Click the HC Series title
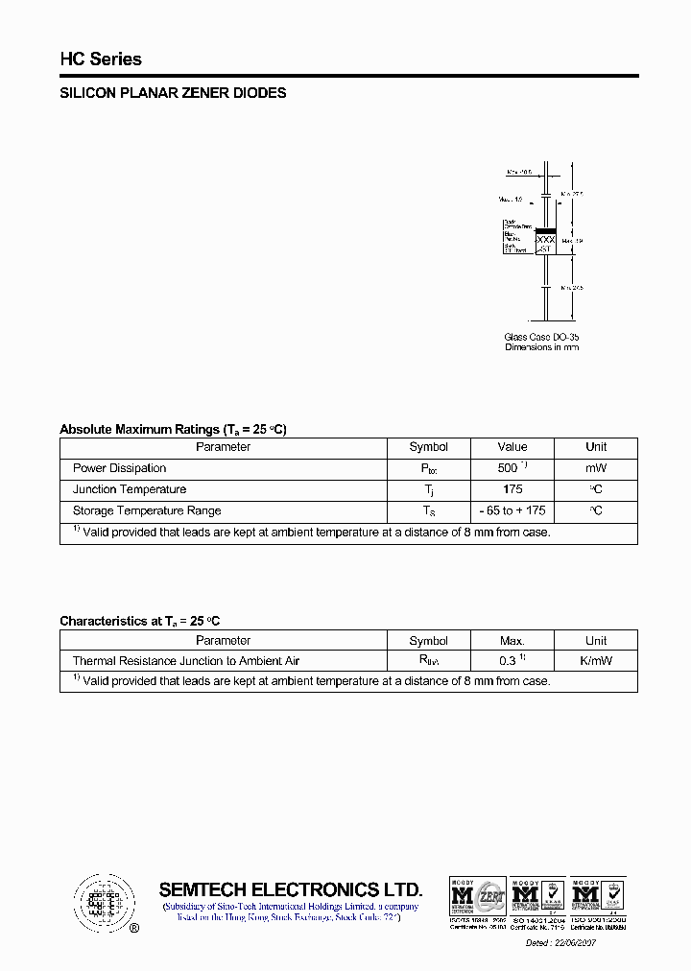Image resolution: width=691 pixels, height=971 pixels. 101,59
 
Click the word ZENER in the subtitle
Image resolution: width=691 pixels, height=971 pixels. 209,93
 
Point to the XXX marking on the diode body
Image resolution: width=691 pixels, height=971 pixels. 545,239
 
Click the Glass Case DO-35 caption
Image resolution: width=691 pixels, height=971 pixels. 541,337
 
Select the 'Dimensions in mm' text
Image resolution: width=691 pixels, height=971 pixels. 541,347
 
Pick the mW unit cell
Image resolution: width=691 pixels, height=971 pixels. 596,468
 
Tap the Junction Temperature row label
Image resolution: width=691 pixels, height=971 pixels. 130,489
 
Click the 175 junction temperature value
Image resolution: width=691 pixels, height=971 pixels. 512,489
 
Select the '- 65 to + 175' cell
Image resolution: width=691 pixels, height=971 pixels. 512,510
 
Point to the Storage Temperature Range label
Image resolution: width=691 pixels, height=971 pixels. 147,510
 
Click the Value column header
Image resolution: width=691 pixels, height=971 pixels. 512,447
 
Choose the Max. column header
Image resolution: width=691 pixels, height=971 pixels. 512,641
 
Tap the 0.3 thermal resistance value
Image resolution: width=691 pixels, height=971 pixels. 509,661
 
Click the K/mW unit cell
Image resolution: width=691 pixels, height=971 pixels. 596,661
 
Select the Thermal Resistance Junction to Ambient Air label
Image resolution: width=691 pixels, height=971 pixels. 186,661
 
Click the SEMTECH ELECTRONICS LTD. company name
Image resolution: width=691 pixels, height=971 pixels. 290,889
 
